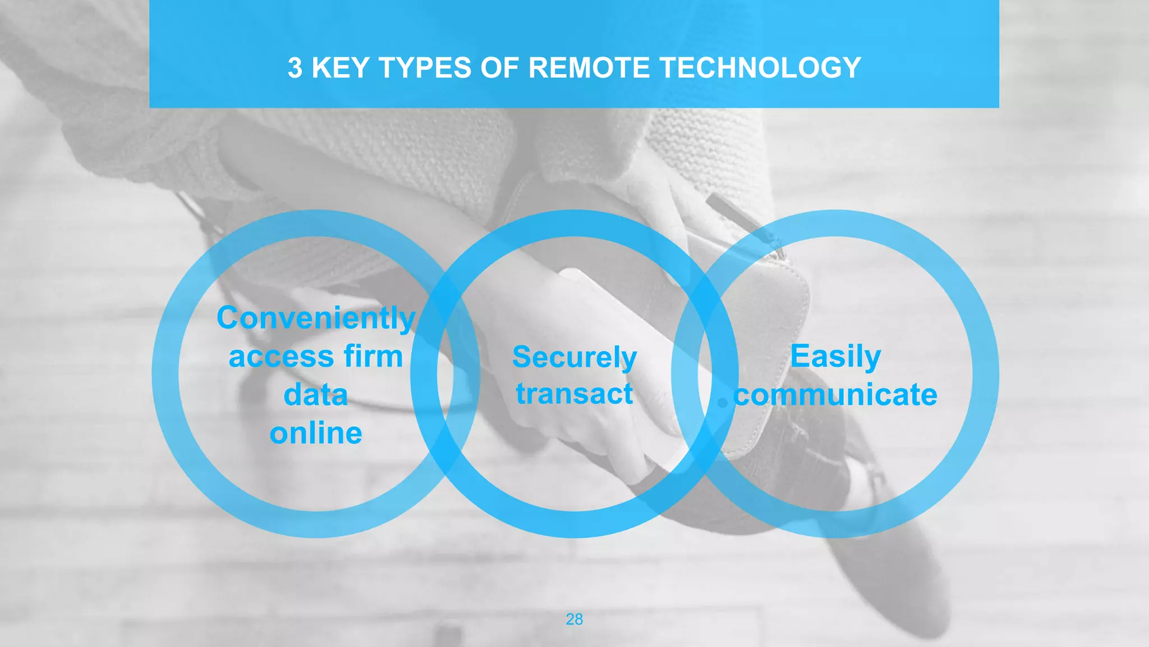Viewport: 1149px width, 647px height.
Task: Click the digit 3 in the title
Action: click(295, 68)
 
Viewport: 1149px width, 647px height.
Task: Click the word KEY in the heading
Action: click(343, 68)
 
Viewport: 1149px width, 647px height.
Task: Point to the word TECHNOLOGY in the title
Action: click(760, 68)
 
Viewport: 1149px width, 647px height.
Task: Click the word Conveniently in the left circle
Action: click(316, 318)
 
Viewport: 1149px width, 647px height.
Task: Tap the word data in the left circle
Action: click(316, 395)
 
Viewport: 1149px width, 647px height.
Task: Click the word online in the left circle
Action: click(316, 433)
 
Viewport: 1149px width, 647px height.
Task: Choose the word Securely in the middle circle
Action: click(574, 357)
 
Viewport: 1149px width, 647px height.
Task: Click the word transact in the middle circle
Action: click(574, 394)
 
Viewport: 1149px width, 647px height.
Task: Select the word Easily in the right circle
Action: click(835, 357)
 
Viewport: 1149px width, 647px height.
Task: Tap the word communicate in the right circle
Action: click(836, 395)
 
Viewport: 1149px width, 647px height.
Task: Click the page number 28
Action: click(574, 619)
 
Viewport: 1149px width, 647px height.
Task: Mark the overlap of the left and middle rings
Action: click(445, 373)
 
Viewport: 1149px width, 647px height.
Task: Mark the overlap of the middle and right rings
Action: click(705, 373)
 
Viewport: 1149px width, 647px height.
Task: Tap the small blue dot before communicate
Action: click(723, 402)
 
